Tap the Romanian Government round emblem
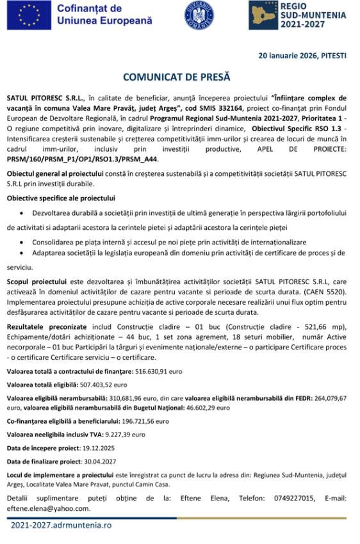point(199,15)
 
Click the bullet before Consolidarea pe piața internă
point(24,243)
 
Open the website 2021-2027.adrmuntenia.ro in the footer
point(61,525)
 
